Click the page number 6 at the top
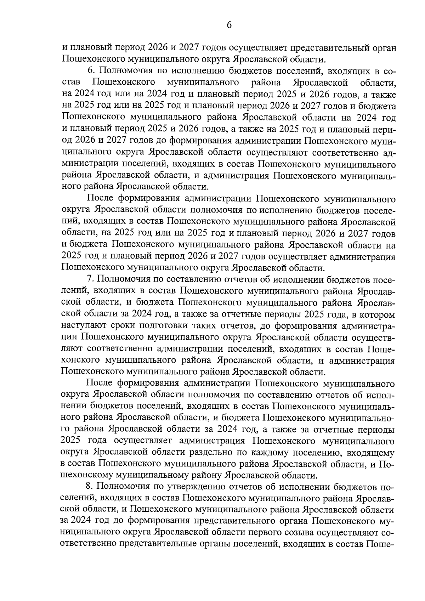pos(229,25)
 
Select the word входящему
pos(370,452)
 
